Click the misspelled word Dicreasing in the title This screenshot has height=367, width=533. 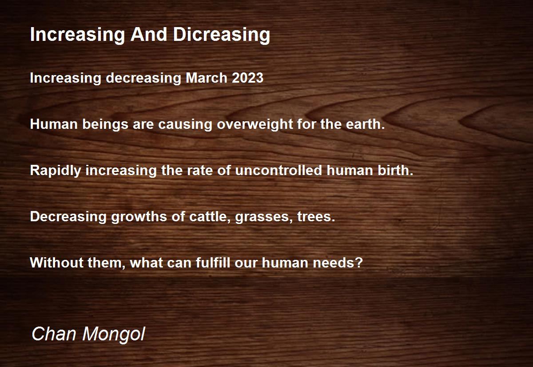[221, 35]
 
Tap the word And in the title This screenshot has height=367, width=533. [149, 34]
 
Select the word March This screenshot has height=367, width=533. [206, 78]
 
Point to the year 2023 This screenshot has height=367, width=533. [247, 78]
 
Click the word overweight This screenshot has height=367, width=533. [255, 124]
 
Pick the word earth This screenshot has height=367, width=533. [365, 124]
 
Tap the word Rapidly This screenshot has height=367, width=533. [56, 171]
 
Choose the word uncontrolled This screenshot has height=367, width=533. [278, 171]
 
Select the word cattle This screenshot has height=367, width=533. [210, 217]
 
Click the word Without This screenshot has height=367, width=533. [57, 263]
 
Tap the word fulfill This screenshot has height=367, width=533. [213, 263]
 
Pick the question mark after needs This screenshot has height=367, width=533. [359, 263]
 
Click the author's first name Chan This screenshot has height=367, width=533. [54, 334]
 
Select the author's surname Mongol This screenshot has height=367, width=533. [114, 335]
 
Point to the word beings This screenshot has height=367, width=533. [105, 125]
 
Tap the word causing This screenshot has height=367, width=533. [185, 125]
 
